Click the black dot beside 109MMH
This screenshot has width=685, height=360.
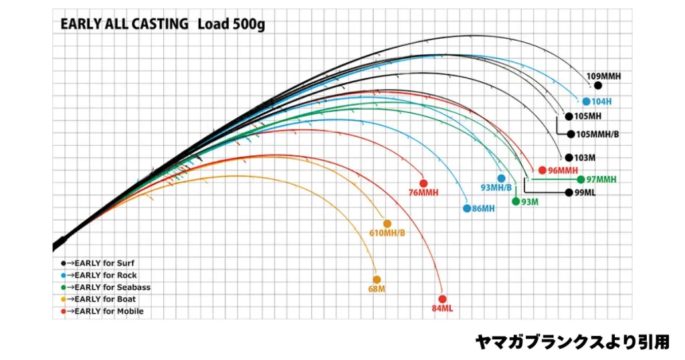click(x=598, y=86)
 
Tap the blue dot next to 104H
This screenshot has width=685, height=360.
click(x=586, y=102)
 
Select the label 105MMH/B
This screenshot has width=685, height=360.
click(x=597, y=134)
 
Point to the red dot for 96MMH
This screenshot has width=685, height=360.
click(x=542, y=170)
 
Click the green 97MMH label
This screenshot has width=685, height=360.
click(x=601, y=179)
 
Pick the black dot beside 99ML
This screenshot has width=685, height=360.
click(x=569, y=193)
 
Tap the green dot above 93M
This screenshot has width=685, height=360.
click(x=516, y=201)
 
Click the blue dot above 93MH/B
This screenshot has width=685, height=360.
click(x=501, y=179)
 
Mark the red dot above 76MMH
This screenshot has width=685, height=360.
click(x=423, y=183)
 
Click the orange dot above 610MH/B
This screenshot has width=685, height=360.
click(x=387, y=223)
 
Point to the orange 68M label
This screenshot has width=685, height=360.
click(x=377, y=289)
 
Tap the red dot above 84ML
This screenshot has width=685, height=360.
click(x=442, y=299)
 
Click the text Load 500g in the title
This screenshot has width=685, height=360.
click(x=230, y=24)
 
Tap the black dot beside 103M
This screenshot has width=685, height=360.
click(x=569, y=158)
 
